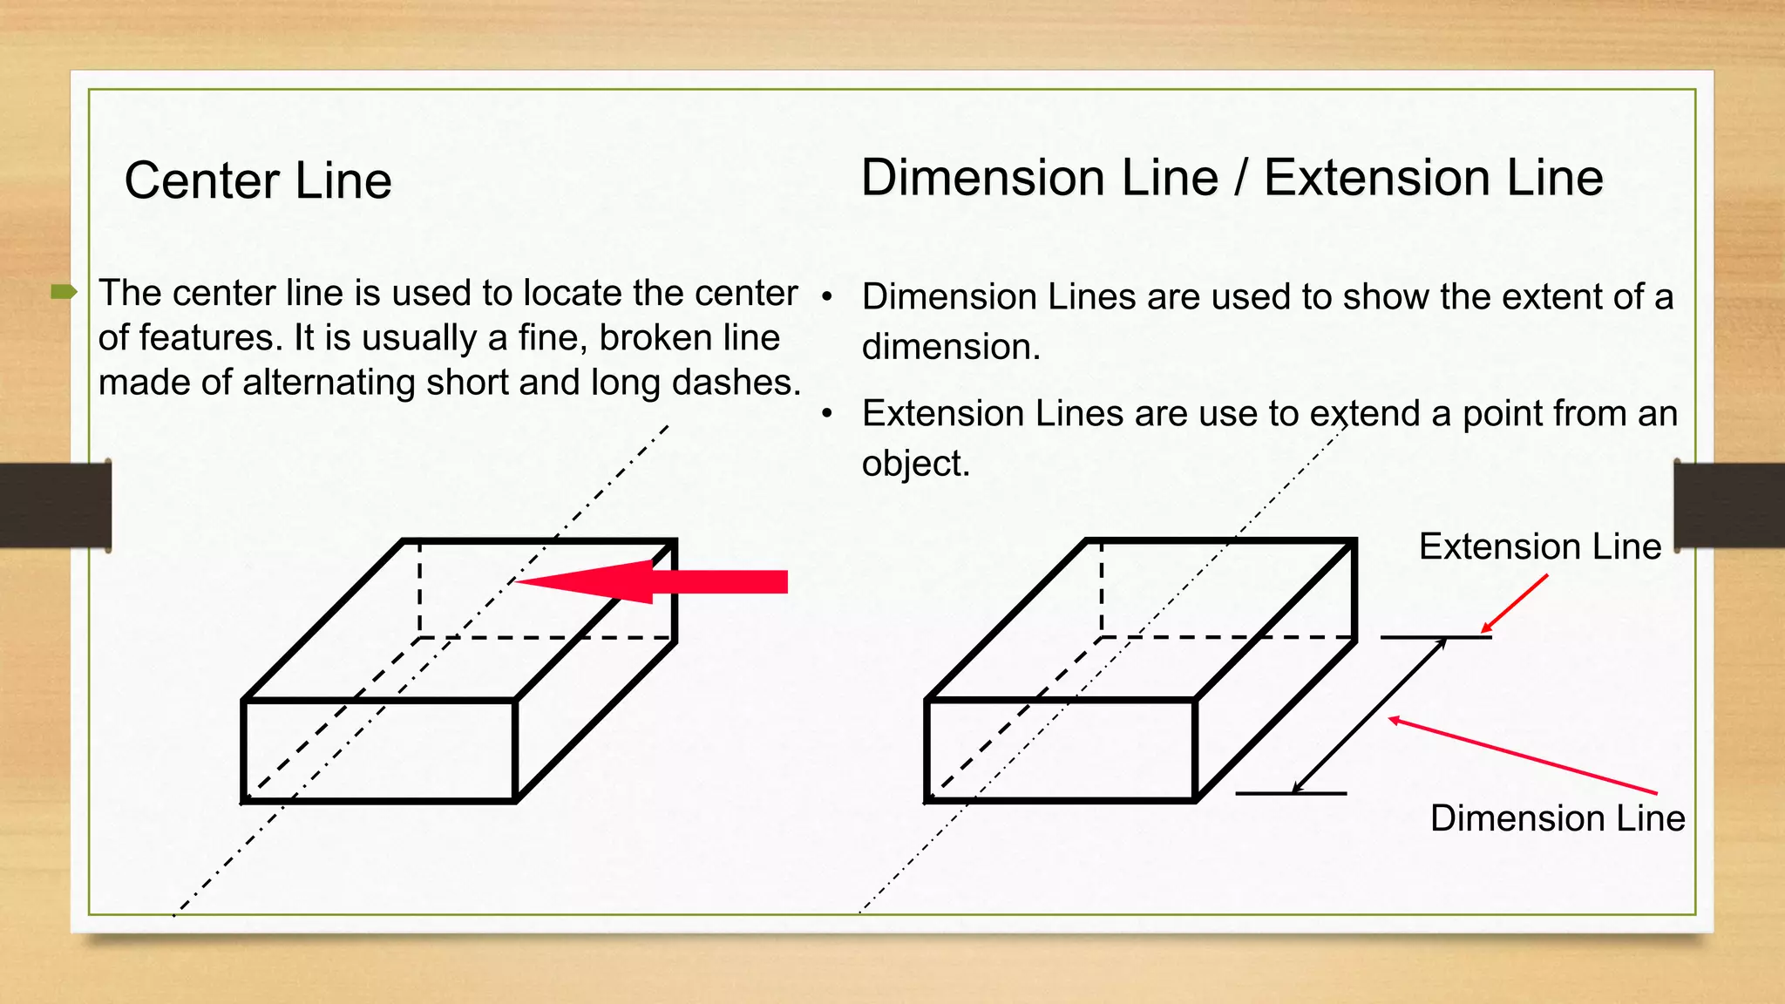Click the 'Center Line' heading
[258, 181]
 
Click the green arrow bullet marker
[64, 292]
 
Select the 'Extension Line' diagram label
[1539, 546]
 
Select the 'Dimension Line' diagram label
[1557, 818]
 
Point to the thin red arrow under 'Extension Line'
[1515, 603]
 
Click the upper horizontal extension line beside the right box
[1435, 638]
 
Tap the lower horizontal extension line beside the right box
[1291, 794]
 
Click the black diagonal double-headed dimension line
[1368, 716]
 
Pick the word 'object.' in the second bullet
[915, 464]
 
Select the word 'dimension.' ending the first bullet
[951, 347]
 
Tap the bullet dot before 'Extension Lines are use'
[827, 413]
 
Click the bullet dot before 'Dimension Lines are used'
[827, 297]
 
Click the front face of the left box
[379, 750]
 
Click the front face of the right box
[1060, 750]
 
